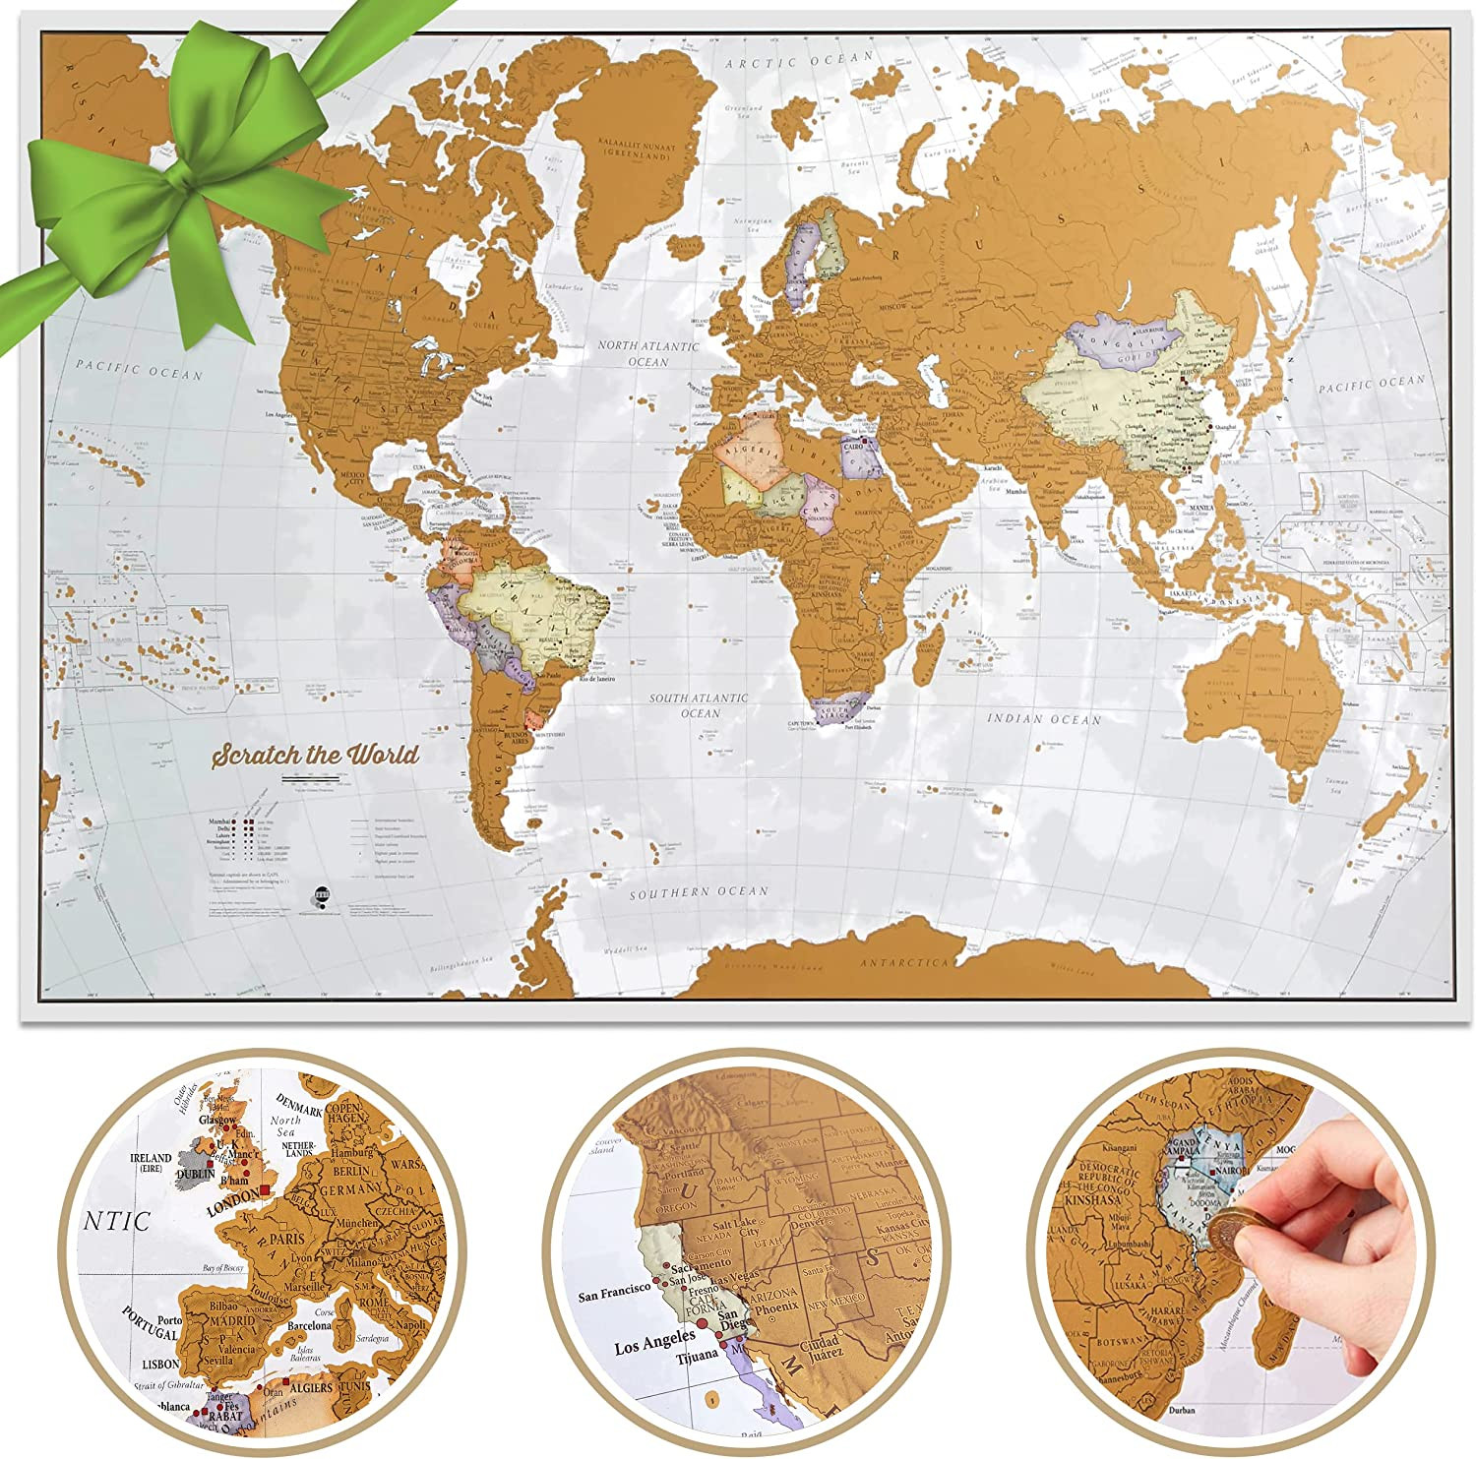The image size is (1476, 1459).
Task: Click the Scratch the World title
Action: click(x=316, y=756)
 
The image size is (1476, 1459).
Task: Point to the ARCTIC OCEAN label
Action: click(x=799, y=61)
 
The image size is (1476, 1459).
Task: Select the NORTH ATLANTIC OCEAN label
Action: click(x=648, y=353)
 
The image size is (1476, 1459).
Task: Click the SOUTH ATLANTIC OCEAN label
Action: click(x=699, y=704)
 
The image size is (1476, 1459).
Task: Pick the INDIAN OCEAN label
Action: click(x=1043, y=719)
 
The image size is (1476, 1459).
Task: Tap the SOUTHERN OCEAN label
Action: click(x=699, y=892)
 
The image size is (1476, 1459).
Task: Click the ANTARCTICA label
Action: click(x=905, y=963)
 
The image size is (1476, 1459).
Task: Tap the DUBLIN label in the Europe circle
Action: click(x=195, y=1174)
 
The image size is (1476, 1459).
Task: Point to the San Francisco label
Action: click(x=615, y=1294)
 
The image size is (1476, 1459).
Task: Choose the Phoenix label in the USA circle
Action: click(x=777, y=1307)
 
